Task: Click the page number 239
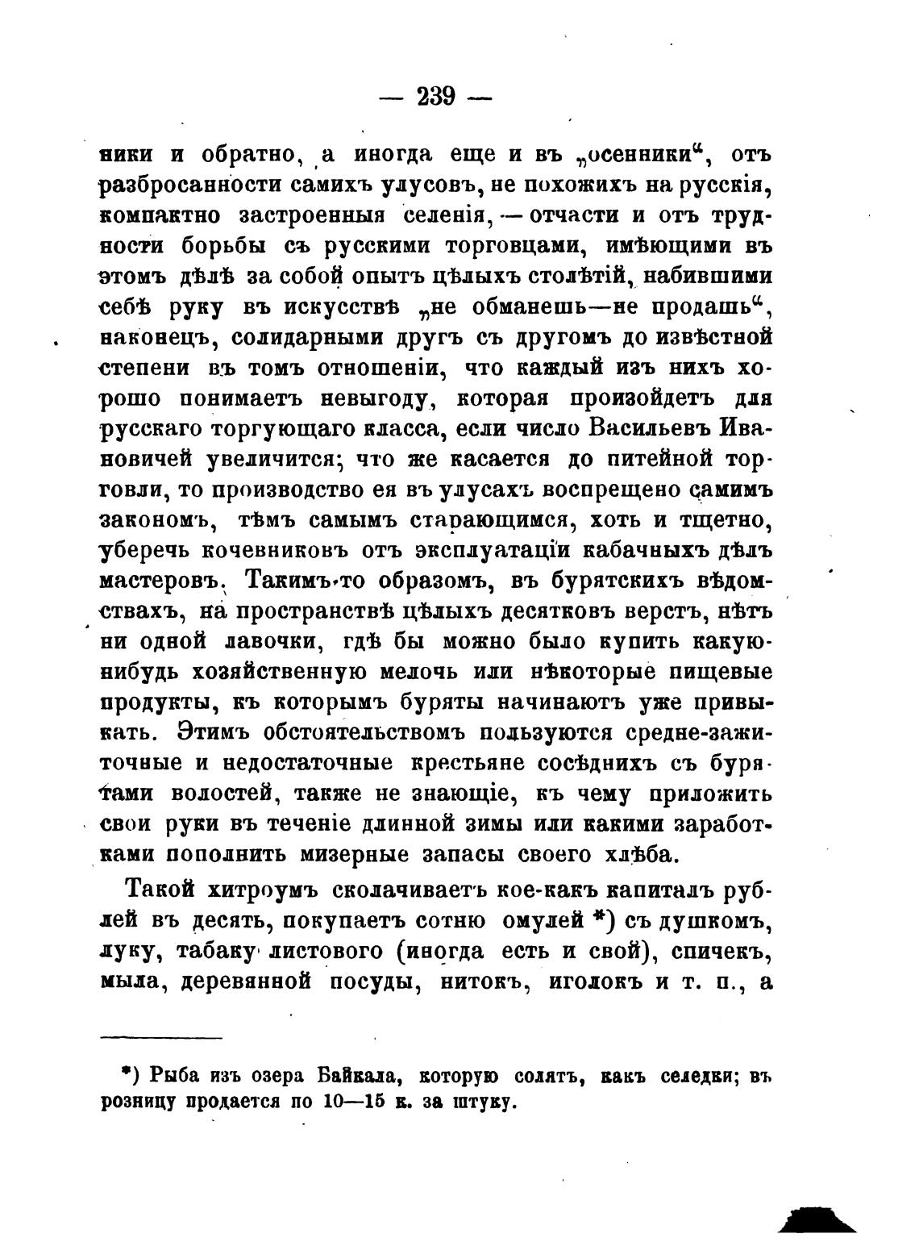436,97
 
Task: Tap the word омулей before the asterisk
547,920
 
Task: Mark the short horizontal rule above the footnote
161,1037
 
